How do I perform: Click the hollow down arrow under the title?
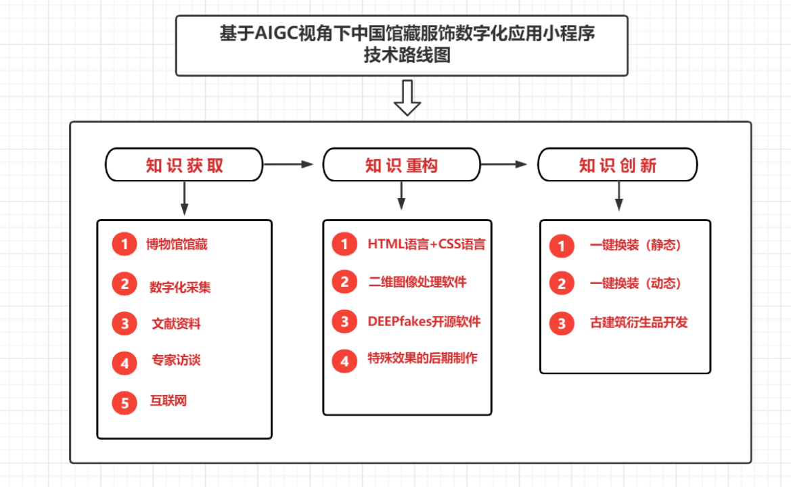(407, 98)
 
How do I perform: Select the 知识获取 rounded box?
(184, 166)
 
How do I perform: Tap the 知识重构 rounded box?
(401, 166)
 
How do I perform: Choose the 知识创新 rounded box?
(617, 166)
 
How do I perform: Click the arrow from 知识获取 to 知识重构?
(288, 164)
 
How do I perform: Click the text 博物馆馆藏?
(177, 245)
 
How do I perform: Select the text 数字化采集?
(180, 287)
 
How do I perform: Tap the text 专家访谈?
(176, 361)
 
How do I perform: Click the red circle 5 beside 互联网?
(125, 403)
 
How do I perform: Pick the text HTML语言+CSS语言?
(426, 244)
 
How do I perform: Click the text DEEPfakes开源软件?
(424, 322)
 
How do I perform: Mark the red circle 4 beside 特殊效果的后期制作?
(344, 361)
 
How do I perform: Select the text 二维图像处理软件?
(417, 282)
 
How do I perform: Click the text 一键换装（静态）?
(635, 246)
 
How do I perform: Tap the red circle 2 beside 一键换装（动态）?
(561, 284)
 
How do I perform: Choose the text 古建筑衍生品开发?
(639, 323)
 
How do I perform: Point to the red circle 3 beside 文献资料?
(125, 324)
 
